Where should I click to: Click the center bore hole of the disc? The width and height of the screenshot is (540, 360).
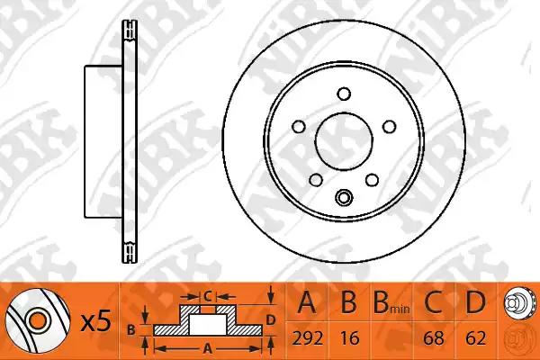point(344,141)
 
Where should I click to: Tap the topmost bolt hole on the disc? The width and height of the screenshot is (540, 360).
point(344,94)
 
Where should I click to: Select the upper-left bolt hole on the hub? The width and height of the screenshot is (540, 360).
point(299,126)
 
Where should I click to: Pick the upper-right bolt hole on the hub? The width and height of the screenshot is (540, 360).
point(390,126)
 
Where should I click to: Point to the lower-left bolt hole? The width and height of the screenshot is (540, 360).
point(316,180)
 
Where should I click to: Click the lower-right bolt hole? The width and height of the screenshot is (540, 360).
point(373,180)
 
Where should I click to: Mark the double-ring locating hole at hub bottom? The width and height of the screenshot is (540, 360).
point(344,197)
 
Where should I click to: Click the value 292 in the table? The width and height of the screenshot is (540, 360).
point(308,338)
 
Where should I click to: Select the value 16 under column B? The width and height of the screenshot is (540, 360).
point(349,338)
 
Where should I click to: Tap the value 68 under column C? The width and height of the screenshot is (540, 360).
point(434,338)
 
